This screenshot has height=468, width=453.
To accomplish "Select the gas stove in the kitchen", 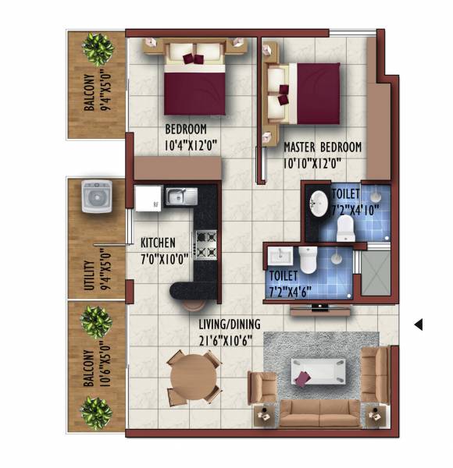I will (x=205, y=243).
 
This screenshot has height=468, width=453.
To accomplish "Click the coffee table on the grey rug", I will (x=320, y=369).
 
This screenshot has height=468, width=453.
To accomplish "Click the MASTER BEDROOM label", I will (x=323, y=147).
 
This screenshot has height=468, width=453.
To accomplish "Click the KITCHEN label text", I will (x=158, y=243).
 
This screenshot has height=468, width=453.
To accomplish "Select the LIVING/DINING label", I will (x=230, y=324).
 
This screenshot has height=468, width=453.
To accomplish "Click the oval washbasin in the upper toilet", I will (x=319, y=203).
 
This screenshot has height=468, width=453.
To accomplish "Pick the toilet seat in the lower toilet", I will (x=308, y=260).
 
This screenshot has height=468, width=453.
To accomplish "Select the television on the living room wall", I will (x=320, y=308).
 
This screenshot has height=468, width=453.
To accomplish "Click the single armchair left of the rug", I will (x=262, y=387).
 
